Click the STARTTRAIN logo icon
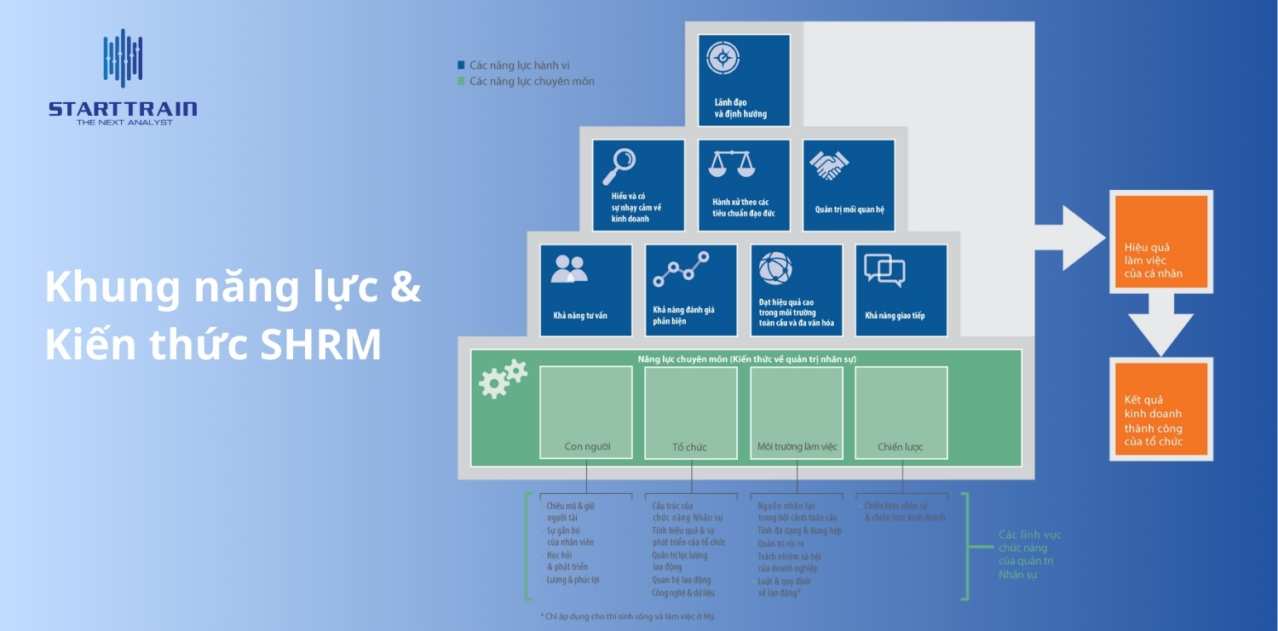click(x=123, y=58)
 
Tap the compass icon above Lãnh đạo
click(x=722, y=58)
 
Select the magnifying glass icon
click(x=619, y=166)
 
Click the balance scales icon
click(x=732, y=163)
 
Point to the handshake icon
click(x=828, y=165)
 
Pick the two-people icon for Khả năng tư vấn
click(x=569, y=269)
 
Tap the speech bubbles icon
click(x=884, y=270)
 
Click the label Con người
click(x=587, y=447)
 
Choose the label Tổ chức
click(x=690, y=447)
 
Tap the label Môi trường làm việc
click(x=797, y=447)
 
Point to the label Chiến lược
click(x=901, y=447)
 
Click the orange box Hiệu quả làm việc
click(x=1160, y=243)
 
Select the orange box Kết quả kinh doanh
click(x=1160, y=411)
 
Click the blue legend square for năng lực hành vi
click(x=461, y=65)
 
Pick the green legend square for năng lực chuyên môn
click(x=461, y=82)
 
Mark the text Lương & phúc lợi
click(x=573, y=580)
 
